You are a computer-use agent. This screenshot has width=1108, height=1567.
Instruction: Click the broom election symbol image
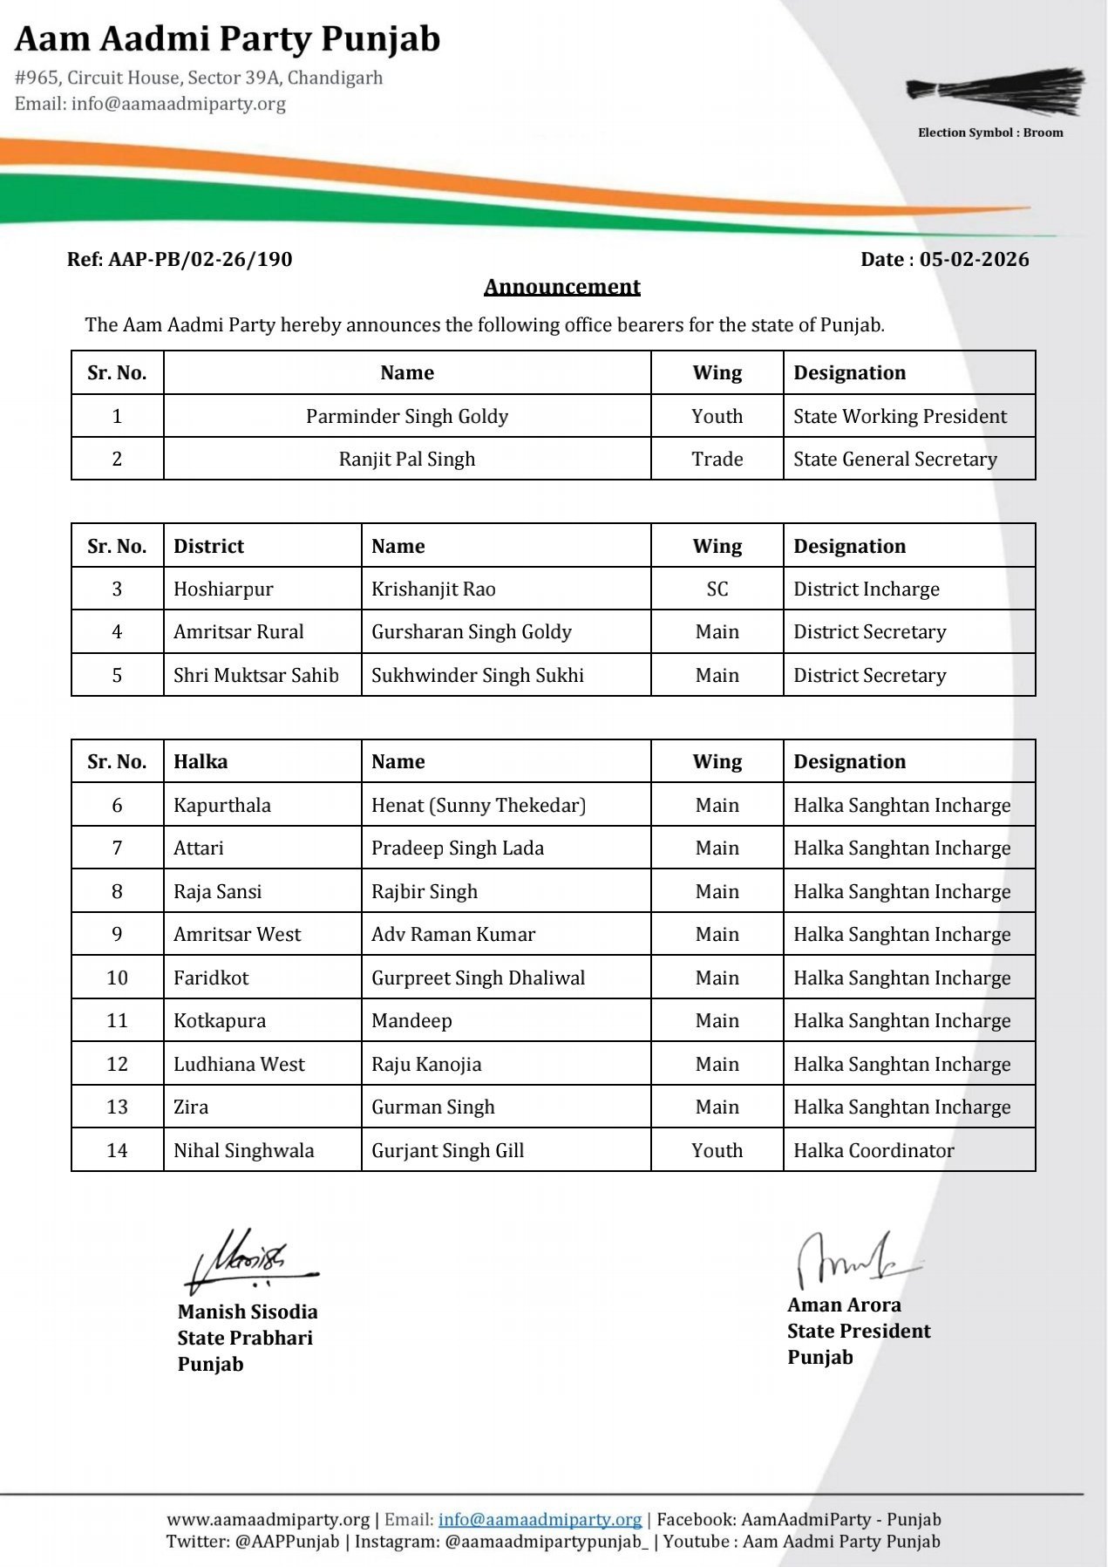tap(995, 92)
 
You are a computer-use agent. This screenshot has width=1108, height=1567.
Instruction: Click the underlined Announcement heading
tap(561, 287)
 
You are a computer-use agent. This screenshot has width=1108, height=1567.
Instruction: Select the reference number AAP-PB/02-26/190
tap(200, 260)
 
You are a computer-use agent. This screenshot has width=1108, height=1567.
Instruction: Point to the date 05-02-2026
tap(974, 260)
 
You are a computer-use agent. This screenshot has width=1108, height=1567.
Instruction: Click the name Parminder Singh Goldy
tap(406, 417)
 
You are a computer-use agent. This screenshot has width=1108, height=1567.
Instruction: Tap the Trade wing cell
tap(717, 460)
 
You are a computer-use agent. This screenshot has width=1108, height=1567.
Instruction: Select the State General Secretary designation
tap(894, 460)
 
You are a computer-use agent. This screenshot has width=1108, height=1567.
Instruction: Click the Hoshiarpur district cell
tap(223, 589)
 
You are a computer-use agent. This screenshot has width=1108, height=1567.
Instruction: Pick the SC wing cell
tap(717, 589)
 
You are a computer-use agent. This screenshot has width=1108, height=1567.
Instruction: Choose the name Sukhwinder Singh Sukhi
tap(477, 676)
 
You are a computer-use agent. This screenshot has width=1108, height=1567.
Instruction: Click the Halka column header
tap(201, 762)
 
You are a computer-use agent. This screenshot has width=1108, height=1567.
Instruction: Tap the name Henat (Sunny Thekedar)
tap(478, 806)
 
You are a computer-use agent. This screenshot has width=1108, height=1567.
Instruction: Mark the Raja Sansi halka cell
tap(217, 892)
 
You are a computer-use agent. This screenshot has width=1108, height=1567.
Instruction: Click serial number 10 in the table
tap(117, 978)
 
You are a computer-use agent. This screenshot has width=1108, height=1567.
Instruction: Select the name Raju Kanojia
tap(425, 1065)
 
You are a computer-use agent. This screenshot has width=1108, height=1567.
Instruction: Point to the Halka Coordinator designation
tap(873, 1151)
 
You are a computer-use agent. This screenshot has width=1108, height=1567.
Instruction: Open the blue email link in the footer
tap(539, 1520)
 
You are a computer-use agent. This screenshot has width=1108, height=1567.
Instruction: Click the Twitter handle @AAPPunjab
tap(287, 1542)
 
